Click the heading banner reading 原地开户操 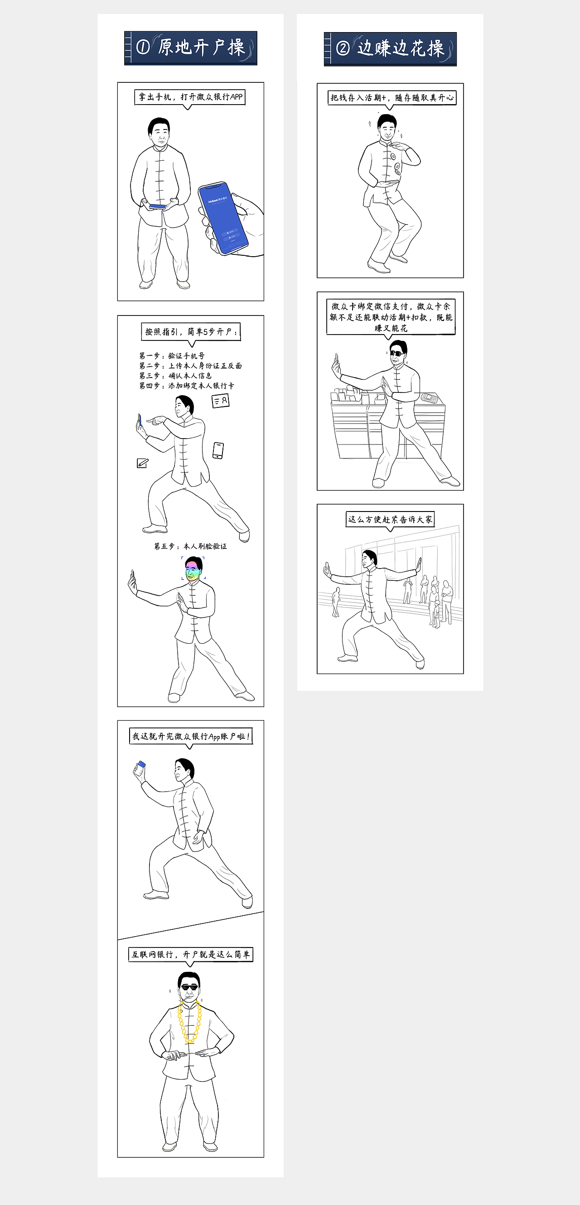(190, 48)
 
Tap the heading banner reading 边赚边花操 (390, 48)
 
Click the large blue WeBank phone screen (223, 218)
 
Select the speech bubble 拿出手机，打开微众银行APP (189, 97)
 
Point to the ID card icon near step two (221, 401)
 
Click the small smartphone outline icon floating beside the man (218, 450)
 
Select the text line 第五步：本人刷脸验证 (190, 546)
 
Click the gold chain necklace (190, 1023)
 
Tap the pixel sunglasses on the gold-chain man (189, 989)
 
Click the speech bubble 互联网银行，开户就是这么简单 (190, 954)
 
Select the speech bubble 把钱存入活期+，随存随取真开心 (392, 98)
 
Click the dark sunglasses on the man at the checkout (396, 353)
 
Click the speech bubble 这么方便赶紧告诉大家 (390, 520)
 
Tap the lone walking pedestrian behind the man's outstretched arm (336, 602)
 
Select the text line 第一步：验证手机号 (172, 356)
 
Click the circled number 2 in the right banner (343, 48)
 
